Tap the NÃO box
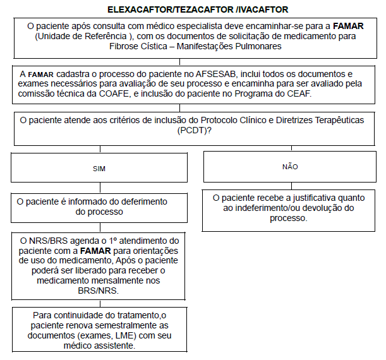tap(290, 167)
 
